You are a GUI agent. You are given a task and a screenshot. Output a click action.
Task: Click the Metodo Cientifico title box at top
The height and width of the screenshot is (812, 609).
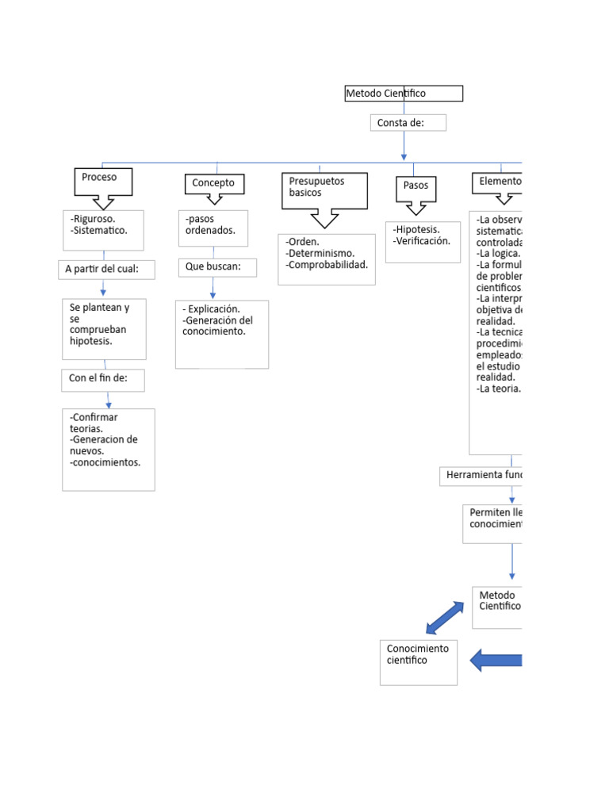403,94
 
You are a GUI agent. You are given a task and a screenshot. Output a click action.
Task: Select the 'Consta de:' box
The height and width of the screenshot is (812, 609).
408,123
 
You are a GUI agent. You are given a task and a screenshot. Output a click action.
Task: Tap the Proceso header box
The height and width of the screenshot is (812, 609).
103,181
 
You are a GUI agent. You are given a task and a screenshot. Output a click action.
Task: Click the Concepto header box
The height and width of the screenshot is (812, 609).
214,183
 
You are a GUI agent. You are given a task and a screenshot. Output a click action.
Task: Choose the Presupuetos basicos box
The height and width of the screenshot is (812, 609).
324,190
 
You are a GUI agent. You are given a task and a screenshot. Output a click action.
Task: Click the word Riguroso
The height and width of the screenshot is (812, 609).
94,218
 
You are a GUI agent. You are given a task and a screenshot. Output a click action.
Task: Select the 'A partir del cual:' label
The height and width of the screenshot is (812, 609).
106,270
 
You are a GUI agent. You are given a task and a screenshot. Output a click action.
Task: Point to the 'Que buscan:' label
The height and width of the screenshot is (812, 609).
216,267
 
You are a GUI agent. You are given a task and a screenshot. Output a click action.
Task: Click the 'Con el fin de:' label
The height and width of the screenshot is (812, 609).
103,379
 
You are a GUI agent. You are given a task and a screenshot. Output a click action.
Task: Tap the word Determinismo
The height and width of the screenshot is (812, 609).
321,254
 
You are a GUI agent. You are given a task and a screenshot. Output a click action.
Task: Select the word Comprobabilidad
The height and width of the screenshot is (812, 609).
328,265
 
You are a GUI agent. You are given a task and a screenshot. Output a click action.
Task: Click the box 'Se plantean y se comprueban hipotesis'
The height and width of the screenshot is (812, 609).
104,328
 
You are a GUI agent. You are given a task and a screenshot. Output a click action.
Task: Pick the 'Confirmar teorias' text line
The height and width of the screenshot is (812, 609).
94,423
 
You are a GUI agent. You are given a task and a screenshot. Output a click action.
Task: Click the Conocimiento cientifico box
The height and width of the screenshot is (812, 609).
418,662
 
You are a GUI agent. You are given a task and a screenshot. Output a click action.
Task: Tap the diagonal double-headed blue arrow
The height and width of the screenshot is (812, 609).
445,618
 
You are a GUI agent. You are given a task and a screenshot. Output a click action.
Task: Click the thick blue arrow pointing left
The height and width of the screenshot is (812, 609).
496,660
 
